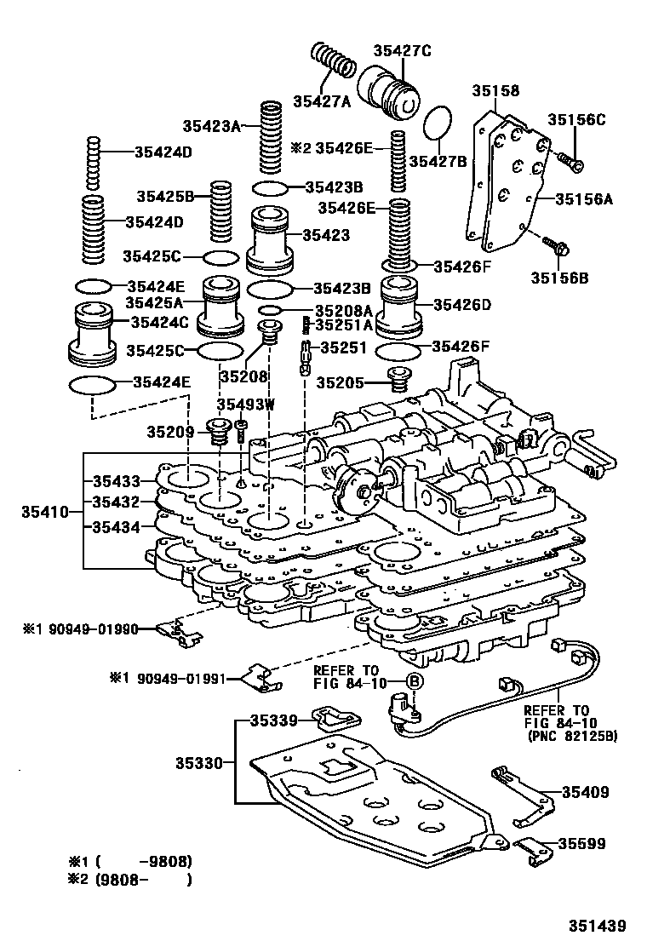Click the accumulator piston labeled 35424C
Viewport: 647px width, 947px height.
pyautogui.click(x=92, y=332)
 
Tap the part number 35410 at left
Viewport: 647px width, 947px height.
pyautogui.click(x=43, y=513)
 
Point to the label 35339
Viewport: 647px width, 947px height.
pyautogui.click(x=272, y=720)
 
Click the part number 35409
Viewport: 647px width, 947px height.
pyautogui.click(x=585, y=792)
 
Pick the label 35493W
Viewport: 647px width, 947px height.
pyautogui.click(x=245, y=405)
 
